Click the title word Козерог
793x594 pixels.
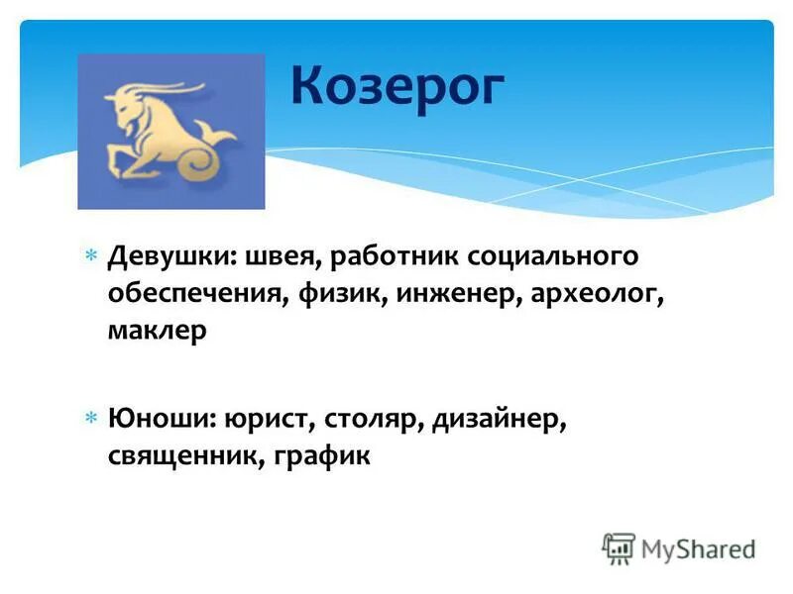click(397, 86)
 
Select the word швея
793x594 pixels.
click(272, 257)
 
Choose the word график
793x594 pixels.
click(317, 456)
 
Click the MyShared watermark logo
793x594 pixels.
click(679, 548)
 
